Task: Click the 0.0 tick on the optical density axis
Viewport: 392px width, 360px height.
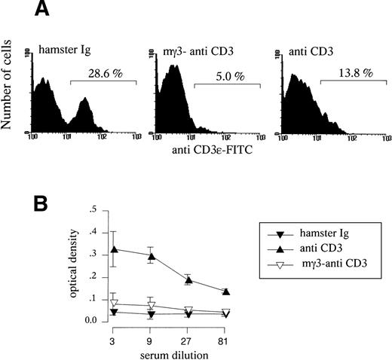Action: [90, 321]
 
